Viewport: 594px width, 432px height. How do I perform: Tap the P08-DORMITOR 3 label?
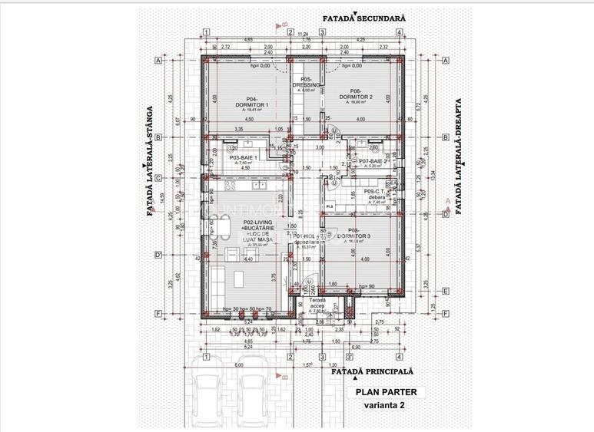(353, 234)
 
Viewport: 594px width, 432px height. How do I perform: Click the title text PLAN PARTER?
(385, 392)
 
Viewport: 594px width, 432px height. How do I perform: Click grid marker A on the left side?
(157, 60)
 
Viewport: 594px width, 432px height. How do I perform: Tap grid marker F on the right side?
(445, 314)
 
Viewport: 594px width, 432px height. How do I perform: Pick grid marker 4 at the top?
(400, 32)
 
